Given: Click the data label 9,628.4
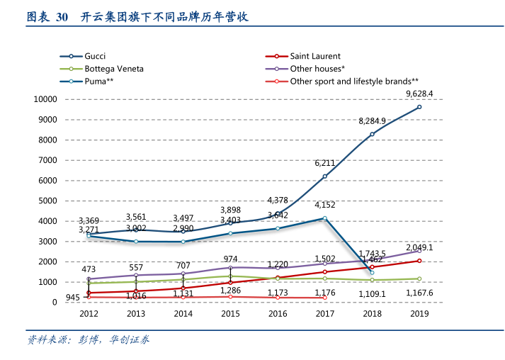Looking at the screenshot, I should [419, 94].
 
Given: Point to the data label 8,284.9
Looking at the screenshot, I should [372, 121].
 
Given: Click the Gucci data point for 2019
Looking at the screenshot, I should [419, 107].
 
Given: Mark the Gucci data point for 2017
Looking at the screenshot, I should [324, 176].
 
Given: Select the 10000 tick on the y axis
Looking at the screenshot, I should [45, 99].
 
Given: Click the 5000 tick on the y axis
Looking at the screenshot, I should [47, 201].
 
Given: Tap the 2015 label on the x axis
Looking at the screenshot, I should [230, 314].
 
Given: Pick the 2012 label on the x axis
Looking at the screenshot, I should [89, 314].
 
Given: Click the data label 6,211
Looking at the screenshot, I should [324, 164].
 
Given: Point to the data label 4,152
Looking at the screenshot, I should [324, 206].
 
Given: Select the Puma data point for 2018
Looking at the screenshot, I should [372, 273].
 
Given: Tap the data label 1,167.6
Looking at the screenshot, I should [419, 293].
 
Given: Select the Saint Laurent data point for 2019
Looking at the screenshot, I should [419, 261].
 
